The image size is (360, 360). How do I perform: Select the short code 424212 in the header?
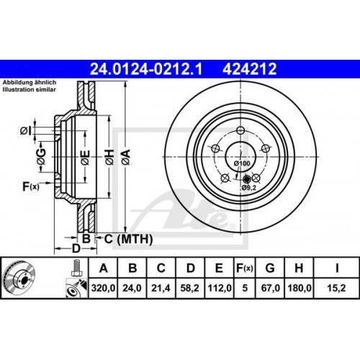coord(240,68)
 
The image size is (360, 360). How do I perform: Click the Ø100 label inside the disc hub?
coord(242,164)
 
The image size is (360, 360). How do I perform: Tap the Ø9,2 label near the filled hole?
coord(249,188)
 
